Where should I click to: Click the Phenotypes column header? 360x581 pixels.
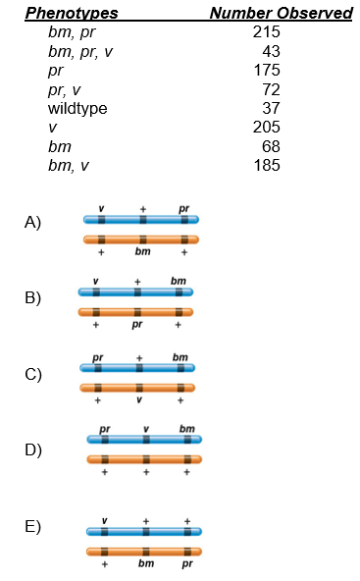click(71, 13)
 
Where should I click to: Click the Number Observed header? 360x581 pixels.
click(281, 13)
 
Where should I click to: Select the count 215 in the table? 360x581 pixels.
click(266, 32)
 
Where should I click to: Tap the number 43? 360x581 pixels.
click(271, 51)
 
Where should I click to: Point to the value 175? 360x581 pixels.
click(266, 71)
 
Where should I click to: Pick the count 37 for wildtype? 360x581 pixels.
click(271, 108)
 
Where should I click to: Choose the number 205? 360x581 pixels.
click(266, 128)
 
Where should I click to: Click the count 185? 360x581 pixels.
click(266, 165)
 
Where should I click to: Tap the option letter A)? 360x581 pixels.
click(33, 223)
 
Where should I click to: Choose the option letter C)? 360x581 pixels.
click(33, 374)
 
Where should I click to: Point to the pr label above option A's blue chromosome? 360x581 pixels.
click(183, 208)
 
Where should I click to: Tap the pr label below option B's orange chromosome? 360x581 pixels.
click(137, 325)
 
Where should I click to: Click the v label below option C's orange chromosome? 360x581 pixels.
click(139, 399)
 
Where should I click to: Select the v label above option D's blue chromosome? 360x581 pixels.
click(146, 428)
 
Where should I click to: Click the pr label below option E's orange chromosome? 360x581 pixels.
click(186, 565)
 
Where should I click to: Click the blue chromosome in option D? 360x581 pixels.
click(144, 439)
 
